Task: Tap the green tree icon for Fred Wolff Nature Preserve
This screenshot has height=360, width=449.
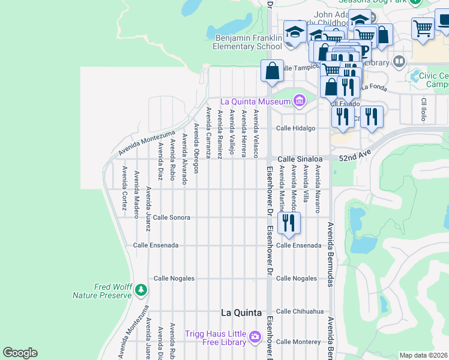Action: pos(141,290)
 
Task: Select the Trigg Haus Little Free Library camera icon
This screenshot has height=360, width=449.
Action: pos(255,337)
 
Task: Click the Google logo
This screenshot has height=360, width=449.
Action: pos(20,352)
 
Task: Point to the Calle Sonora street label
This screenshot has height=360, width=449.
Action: pos(172,217)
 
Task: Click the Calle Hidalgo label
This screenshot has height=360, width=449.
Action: pos(295,128)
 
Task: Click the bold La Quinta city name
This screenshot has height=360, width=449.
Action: pos(241,313)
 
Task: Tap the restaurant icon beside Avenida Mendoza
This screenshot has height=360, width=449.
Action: pos(289,223)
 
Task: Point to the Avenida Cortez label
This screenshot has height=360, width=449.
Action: pos(124,188)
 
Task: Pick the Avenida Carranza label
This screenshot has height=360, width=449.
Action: pos(208,133)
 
